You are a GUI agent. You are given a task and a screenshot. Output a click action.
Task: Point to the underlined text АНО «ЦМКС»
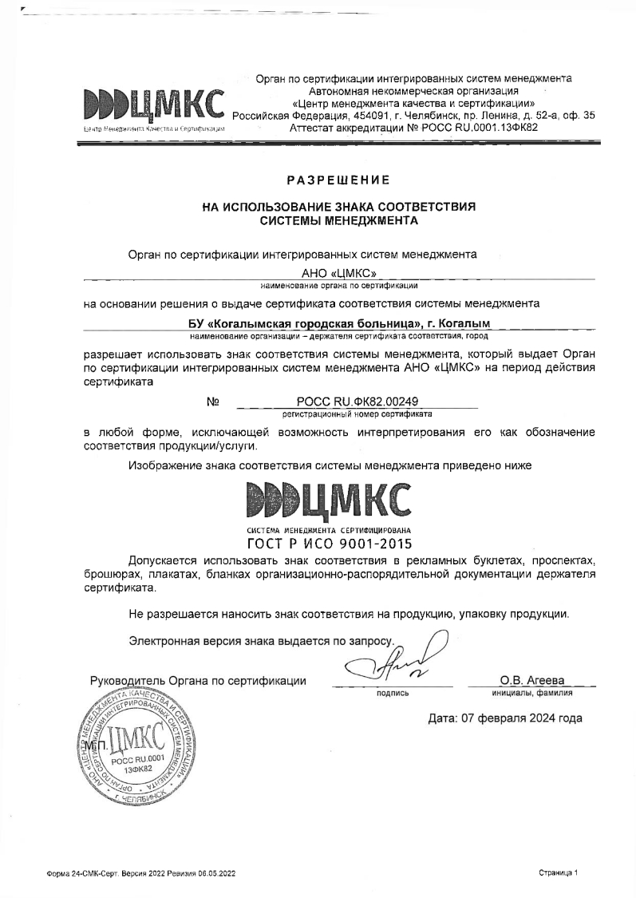pos(338,273)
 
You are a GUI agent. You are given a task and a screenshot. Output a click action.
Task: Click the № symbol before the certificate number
pos(213,402)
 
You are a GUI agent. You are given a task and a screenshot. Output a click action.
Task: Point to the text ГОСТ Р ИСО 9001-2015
pos(330,545)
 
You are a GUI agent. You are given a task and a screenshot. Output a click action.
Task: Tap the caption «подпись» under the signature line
pos(392,693)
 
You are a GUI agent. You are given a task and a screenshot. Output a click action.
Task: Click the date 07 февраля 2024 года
pos(505,718)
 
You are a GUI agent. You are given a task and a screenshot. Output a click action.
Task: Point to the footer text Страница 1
pos(558,873)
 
